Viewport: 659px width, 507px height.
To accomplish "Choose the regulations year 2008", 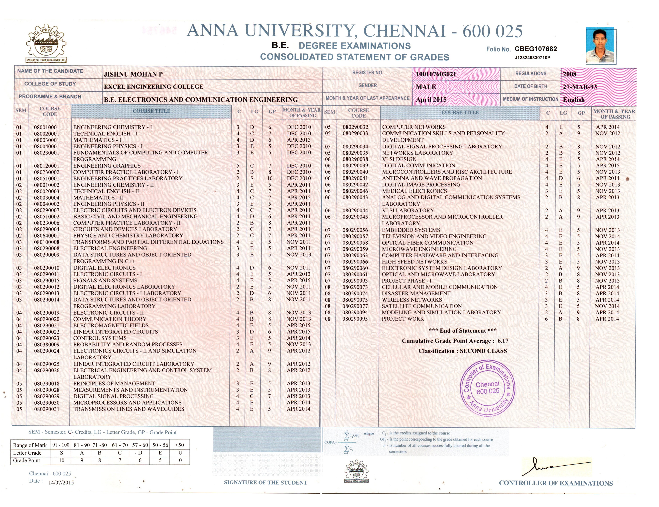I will tap(569, 74).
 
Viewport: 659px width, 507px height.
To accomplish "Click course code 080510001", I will tap(46, 178).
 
